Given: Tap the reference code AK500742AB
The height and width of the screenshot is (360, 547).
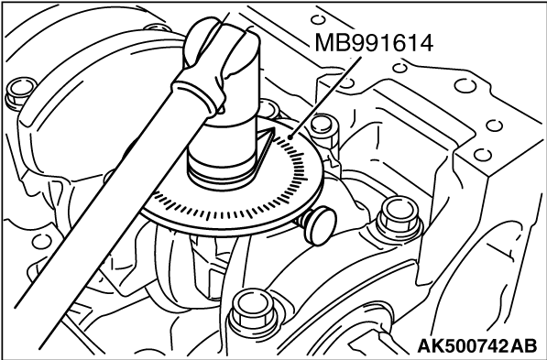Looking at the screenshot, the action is click(476, 346).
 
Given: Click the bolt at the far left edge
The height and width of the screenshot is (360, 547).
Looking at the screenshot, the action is click(16, 91).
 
